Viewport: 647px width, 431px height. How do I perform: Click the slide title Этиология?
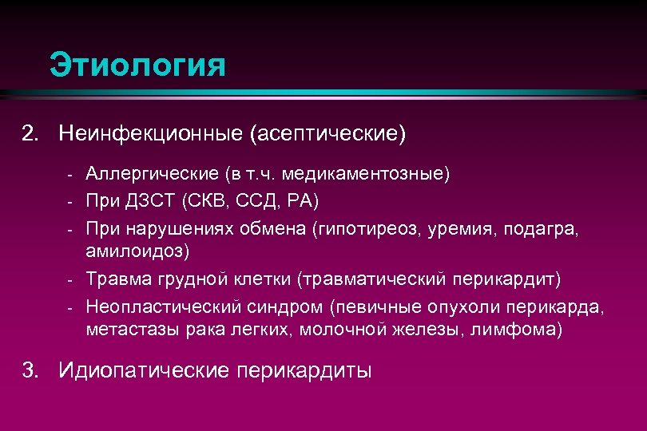click(x=137, y=65)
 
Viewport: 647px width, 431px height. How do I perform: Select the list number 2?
click(x=31, y=132)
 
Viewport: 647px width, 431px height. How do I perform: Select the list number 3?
click(x=31, y=370)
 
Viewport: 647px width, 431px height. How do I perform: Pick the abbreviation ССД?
click(x=256, y=198)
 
